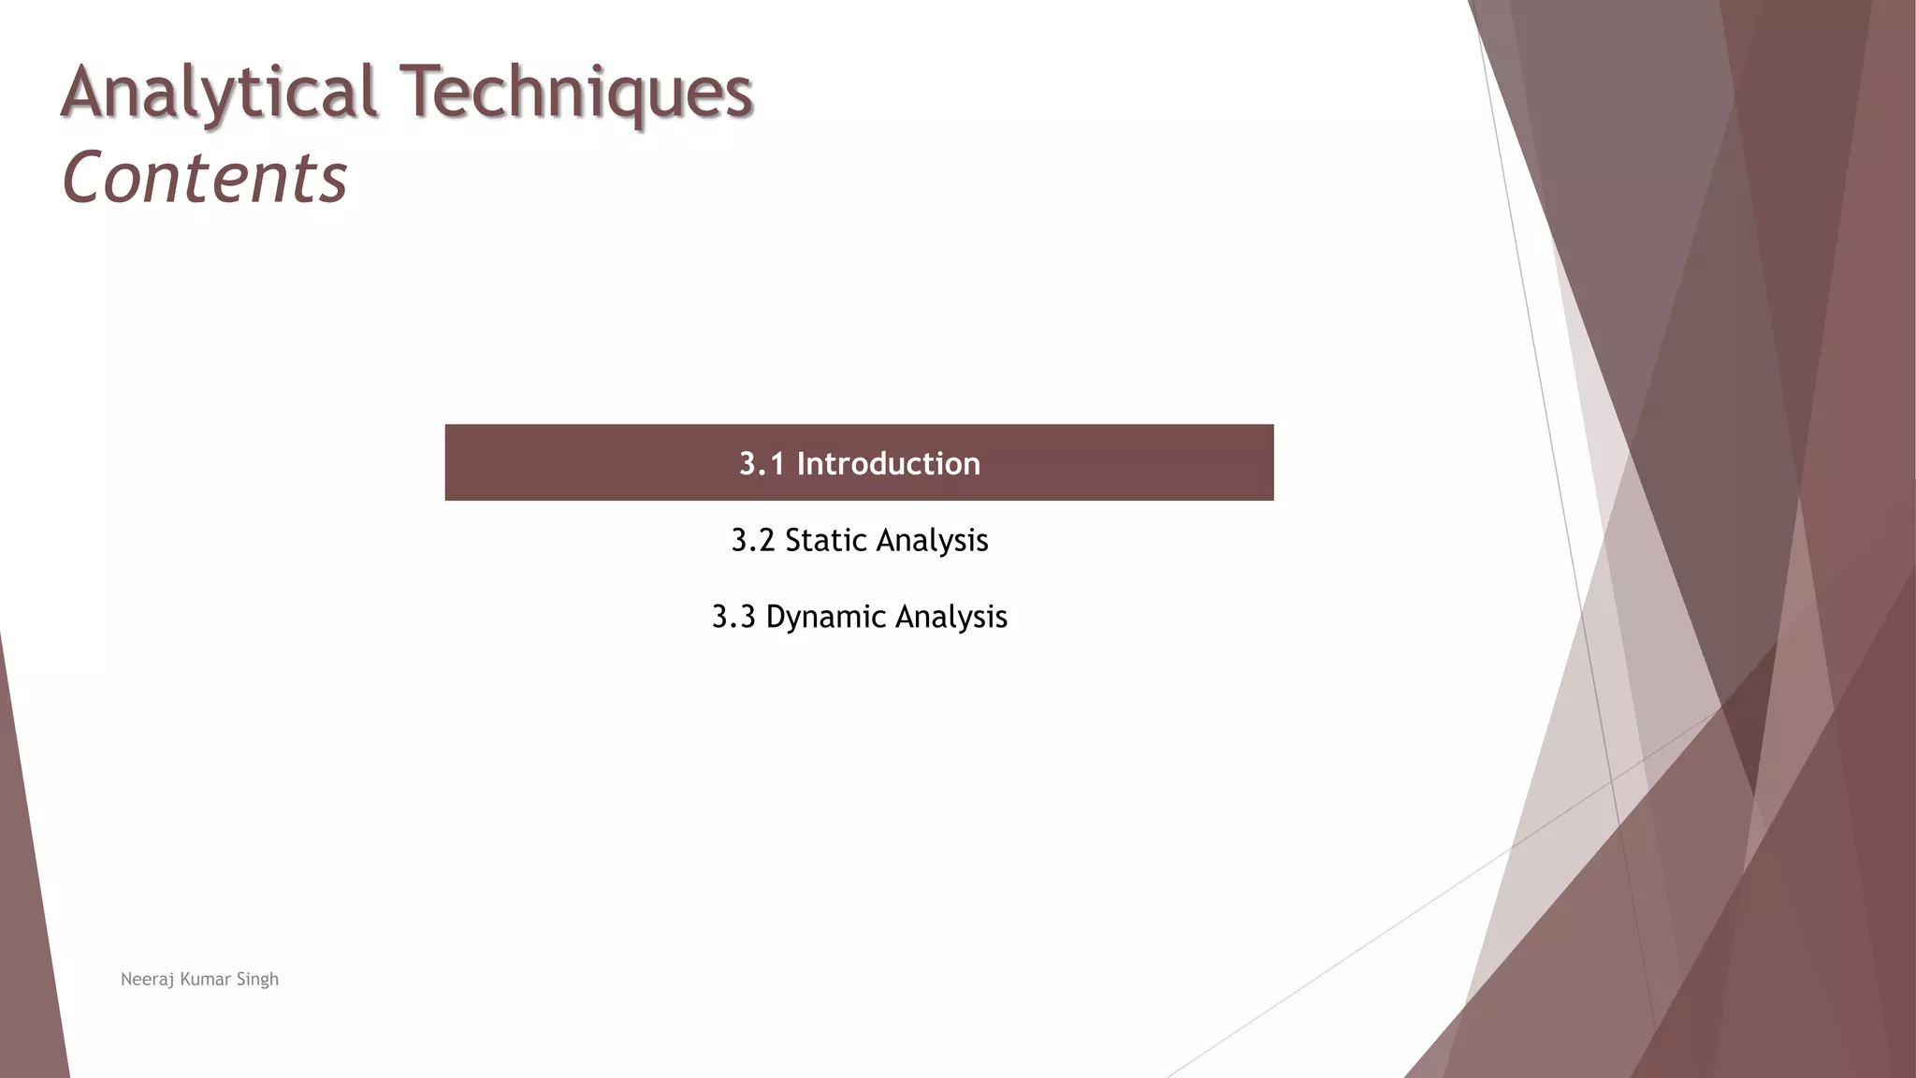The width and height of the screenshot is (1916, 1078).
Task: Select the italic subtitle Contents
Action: pos(204,178)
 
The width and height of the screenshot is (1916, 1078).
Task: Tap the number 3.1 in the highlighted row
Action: pos(762,464)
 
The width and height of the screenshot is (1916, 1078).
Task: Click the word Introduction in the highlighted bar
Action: pos(888,464)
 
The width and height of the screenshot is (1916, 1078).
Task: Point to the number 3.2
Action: pos(752,541)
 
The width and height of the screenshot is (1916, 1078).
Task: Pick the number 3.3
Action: pos(733,618)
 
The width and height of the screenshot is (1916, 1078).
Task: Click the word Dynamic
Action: pos(825,618)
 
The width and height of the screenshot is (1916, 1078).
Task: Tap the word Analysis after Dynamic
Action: pos(951,618)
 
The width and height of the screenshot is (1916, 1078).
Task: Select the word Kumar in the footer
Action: pos(205,980)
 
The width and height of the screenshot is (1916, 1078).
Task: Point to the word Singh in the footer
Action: pos(257,980)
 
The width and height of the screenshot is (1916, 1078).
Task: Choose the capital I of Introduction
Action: pos(801,464)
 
